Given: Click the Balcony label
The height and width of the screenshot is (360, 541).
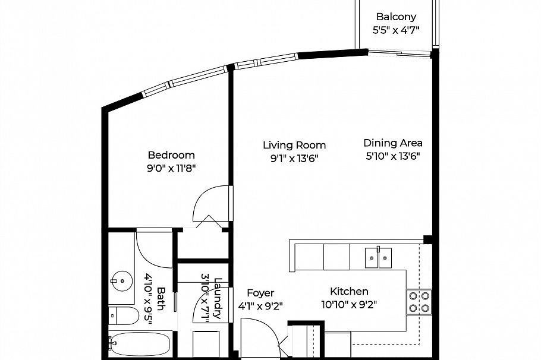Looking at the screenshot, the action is [x=396, y=17].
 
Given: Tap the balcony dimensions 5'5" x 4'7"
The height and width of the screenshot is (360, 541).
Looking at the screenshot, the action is [x=396, y=30].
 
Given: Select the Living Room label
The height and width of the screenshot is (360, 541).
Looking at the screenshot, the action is [x=294, y=145].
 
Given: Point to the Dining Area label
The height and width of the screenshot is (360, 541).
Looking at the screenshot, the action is [x=393, y=143].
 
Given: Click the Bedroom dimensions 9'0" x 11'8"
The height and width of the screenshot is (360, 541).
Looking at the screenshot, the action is [x=171, y=169].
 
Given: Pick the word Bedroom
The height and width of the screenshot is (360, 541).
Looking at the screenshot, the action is [x=171, y=155].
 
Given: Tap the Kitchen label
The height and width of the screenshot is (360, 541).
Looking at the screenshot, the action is [x=349, y=291].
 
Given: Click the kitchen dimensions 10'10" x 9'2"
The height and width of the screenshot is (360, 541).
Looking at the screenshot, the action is [x=349, y=305].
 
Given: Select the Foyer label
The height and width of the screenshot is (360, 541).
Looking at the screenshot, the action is [x=260, y=293].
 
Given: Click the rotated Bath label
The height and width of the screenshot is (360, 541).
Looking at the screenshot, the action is [x=161, y=299].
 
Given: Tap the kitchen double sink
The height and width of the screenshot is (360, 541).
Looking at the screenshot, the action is [x=379, y=257].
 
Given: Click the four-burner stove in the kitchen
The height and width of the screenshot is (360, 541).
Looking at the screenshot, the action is [x=419, y=302].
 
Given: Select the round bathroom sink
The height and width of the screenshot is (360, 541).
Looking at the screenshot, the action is [x=122, y=281].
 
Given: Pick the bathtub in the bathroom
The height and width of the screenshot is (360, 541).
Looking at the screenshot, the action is [x=140, y=344].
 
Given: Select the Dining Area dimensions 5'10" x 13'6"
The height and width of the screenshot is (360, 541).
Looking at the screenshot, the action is [x=393, y=157].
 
